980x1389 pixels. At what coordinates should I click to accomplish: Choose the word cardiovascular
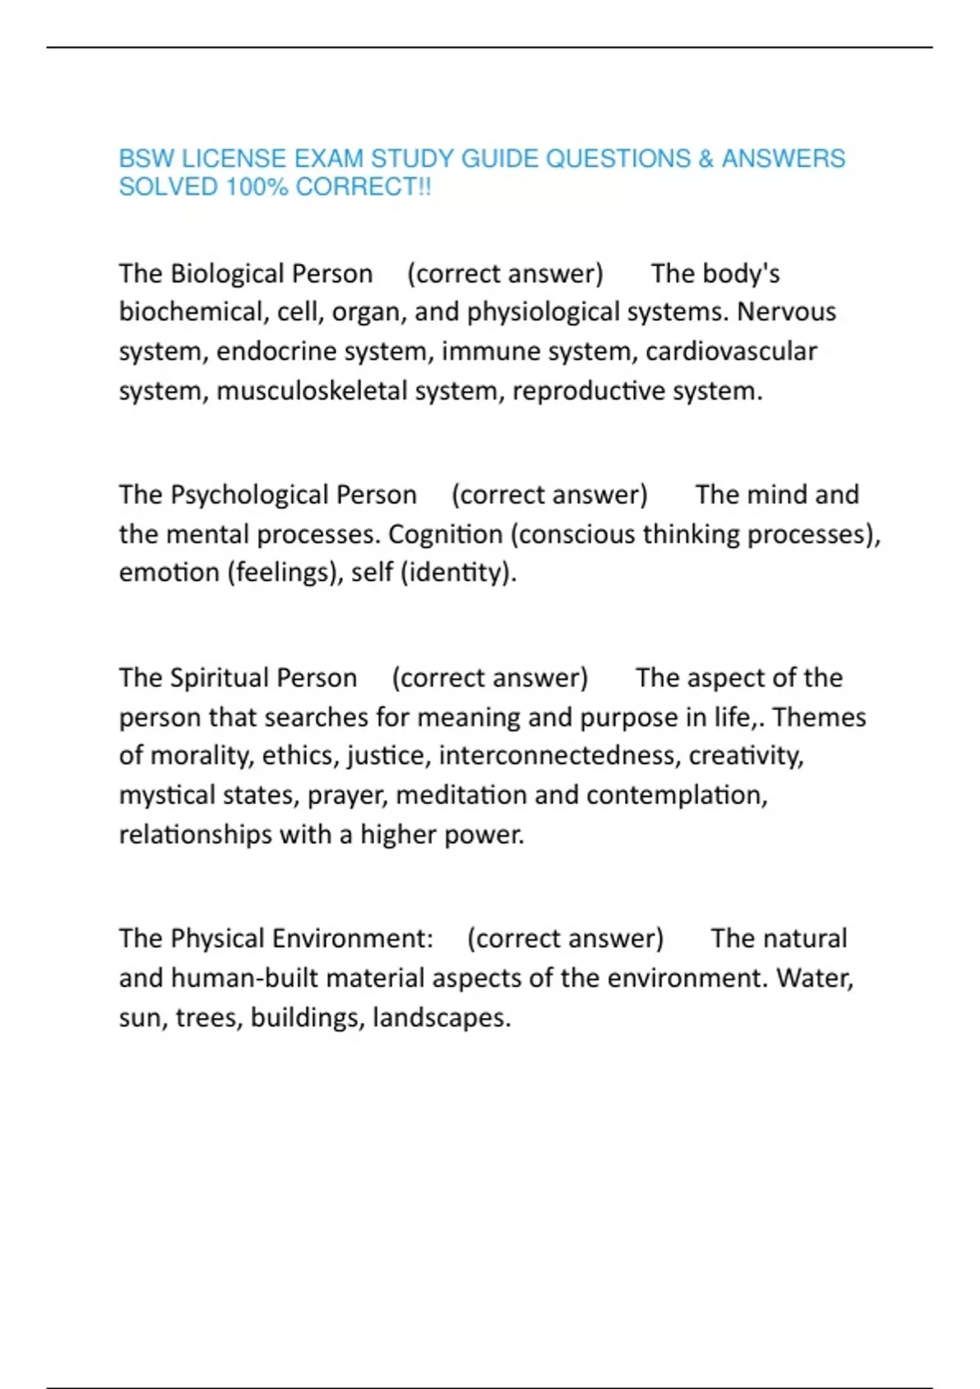coord(731,351)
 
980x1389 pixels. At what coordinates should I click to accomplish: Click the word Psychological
coord(250,495)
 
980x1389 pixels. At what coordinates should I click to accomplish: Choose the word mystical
coord(168,795)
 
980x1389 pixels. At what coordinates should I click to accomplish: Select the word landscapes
coord(441,1018)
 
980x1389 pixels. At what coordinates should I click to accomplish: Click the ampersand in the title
coord(706,159)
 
